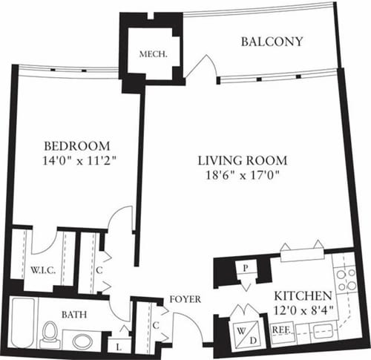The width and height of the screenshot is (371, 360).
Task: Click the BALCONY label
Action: pyautogui.click(x=272, y=42)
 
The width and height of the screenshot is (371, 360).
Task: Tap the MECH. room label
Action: pyautogui.click(x=153, y=54)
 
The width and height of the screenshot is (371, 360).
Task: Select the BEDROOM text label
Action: pyautogui.click(x=76, y=145)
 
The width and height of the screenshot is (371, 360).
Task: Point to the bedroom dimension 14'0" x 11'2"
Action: pyautogui.click(x=76, y=159)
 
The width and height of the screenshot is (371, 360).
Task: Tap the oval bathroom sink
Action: pyautogui.click(x=84, y=341)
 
